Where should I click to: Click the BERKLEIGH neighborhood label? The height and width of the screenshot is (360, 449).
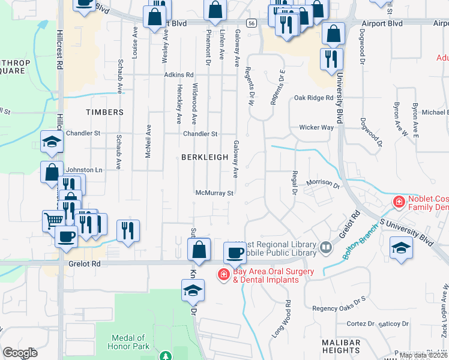click(x=205, y=157)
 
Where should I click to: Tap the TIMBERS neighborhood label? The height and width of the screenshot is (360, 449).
click(x=104, y=112)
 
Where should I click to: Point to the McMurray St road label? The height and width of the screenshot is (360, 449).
click(x=214, y=193)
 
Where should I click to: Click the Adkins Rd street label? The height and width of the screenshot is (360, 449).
click(x=179, y=76)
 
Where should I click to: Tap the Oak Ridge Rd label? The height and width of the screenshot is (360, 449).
click(x=313, y=98)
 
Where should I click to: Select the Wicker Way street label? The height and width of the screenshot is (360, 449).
click(x=316, y=128)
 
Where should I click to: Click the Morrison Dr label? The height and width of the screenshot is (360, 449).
click(x=323, y=182)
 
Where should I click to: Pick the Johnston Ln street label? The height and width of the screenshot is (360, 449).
click(x=85, y=170)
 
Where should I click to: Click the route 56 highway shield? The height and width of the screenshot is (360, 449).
click(x=252, y=23)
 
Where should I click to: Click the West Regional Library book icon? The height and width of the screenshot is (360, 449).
click(x=325, y=246)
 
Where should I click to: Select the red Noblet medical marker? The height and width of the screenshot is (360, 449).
click(x=398, y=203)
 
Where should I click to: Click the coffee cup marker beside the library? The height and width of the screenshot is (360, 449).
click(x=235, y=253)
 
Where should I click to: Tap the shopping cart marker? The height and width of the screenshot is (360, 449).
click(x=52, y=220)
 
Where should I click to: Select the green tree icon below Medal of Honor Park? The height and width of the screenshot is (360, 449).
click(x=165, y=356)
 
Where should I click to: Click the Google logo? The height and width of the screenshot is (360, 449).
click(x=20, y=353)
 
